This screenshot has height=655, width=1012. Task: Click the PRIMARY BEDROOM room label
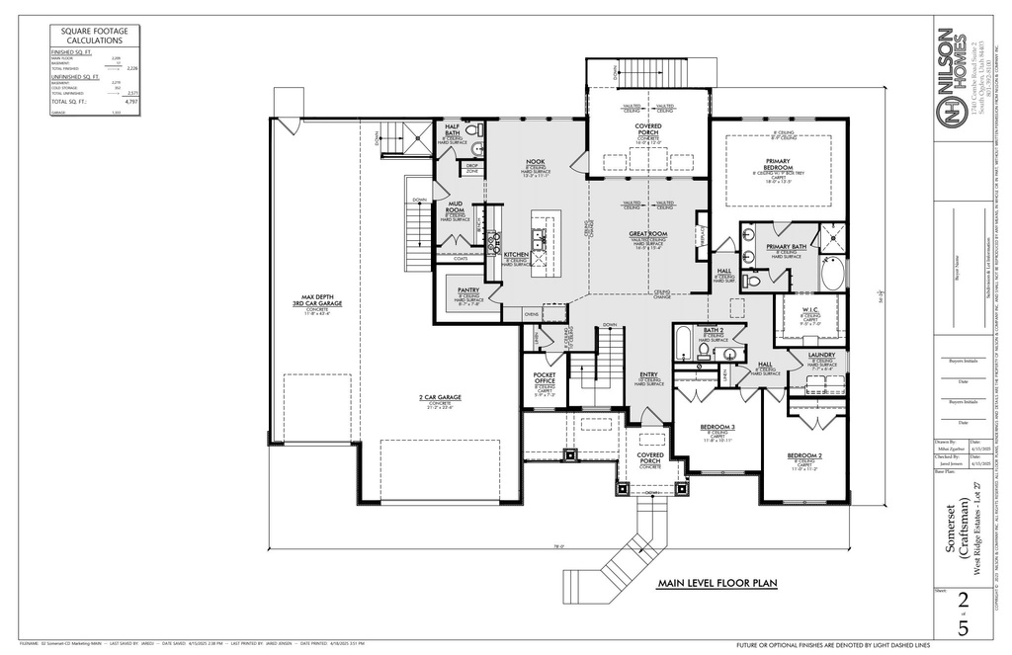tap(784, 164)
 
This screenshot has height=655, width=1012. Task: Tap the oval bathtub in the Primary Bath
tap(831, 274)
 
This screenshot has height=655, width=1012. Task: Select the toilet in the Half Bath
tap(471, 131)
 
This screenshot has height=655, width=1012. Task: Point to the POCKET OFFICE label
tap(544, 378)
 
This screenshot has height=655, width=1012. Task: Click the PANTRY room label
tap(467, 290)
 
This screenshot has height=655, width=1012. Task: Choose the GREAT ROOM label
tap(647, 234)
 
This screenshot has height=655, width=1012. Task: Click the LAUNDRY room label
tap(821, 355)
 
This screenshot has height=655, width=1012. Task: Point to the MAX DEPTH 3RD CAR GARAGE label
tap(316, 302)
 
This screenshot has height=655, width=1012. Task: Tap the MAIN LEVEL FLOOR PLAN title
tap(717, 584)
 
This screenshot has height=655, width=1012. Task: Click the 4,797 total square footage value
tap(130, 102)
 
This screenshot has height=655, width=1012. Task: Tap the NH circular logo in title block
tap(951, 108)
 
